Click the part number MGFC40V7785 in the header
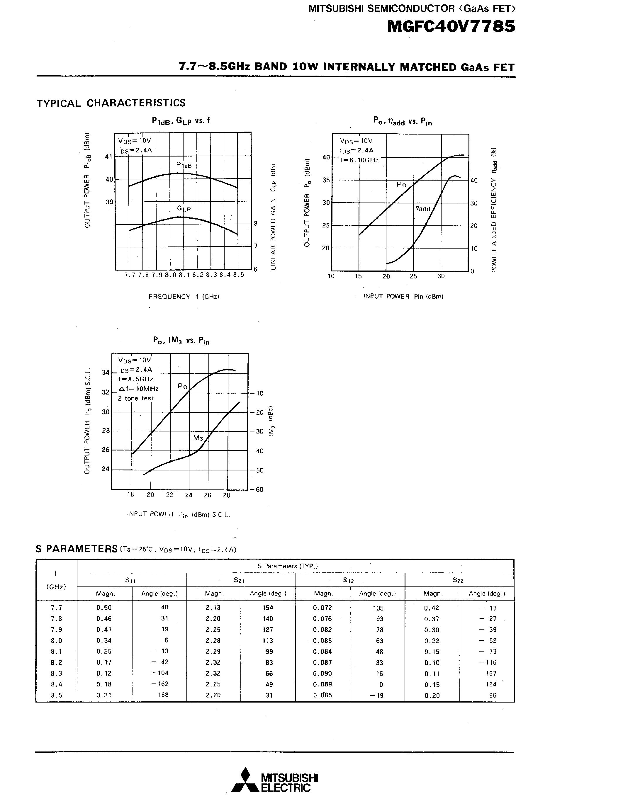tap(451, 27)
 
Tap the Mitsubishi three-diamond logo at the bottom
tap(244, 779)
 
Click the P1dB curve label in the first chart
tap(184, 165)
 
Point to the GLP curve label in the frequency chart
tap(184, 208)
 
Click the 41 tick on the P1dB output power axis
tap(108, 157)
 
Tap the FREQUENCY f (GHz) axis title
tap(184, 296)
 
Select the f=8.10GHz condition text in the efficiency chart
tap(359, 160)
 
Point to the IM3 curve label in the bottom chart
tap(197, 438)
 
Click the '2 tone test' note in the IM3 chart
tap(136, 398)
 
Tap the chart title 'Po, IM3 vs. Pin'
tap(181, 340)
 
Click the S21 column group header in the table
tap(239, 580)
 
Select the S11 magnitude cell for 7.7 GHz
tap(104, 608)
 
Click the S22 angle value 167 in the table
tap(491, 673)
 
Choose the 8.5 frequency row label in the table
tap(57, 695)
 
